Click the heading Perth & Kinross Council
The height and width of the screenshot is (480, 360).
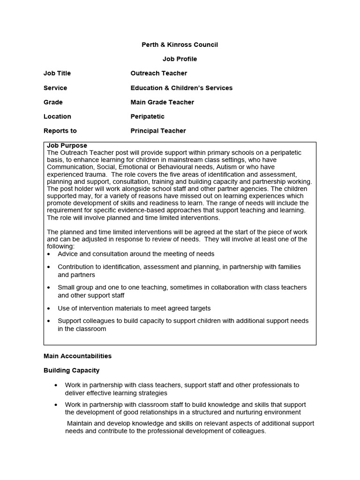pyautogui.click(x=180, y=45)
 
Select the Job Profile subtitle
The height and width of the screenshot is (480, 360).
pyautogui.click(x=180, y=59)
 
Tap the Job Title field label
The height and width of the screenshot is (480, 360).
pyautogui.click(x=57, y=73)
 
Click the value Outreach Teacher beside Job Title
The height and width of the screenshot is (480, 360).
pyautogui.click(x=158, y=73)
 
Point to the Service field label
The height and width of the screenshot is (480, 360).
pyautogui.click(x=55, y=88)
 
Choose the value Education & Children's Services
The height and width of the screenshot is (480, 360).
pyautogui.click(x=181, y=88)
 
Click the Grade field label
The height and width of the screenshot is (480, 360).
pyautogui.click(x=53, y=102)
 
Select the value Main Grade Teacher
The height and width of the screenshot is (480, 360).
pyautogui.click(x=162, y=102)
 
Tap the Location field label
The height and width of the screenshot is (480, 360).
pyautogui.click(x=57, y=116)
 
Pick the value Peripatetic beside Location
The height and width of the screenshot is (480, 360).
pyautogui.click(x=147, y=116)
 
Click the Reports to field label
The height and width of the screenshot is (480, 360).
pyautogui.click(x=60, y=131)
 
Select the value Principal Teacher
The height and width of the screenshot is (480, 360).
pyautogui.click(x=158, y=131)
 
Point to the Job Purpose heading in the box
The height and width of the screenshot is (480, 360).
pyautogui.click(x=67, y=146)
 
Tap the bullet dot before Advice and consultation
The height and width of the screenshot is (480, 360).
pyautogui.click(x=49, y=254)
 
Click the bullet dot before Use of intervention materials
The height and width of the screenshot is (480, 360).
pyautogui.click(x=49, y=308)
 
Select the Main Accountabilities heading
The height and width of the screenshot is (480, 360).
pyautogui.click(x=77, y=356)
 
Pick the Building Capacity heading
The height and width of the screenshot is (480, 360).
pyautogui.click(x=71, y=370)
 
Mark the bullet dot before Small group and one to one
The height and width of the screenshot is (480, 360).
pyautogui.click(x=49, y=287)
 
